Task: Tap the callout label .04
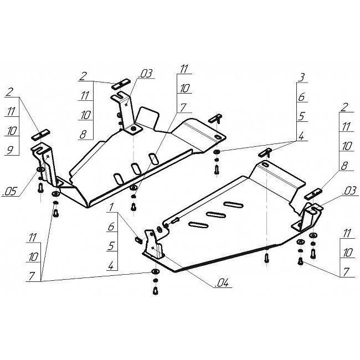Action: tap(222, 284)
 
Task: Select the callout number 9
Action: tap(10, 151)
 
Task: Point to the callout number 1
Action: tap(111, 208)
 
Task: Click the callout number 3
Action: tap(302, 78)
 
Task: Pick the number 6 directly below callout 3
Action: tap(302, 97)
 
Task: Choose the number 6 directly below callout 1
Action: tap(111, 227)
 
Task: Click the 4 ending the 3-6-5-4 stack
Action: tap(301, 136)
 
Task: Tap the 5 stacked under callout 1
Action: tap(111, 246)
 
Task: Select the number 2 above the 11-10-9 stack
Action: tap(9, 92)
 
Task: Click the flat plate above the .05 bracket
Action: tap(40, 135)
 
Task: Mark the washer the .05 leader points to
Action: tap(40, 169)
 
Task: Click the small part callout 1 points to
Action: tap(138, 240)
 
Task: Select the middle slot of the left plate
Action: tap(136, 169)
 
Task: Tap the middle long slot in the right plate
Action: tap(216, 215)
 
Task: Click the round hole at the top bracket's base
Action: tap(133, 130)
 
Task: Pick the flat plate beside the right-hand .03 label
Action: tap(313, 193)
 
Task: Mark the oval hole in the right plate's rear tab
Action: tap(265, 164)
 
